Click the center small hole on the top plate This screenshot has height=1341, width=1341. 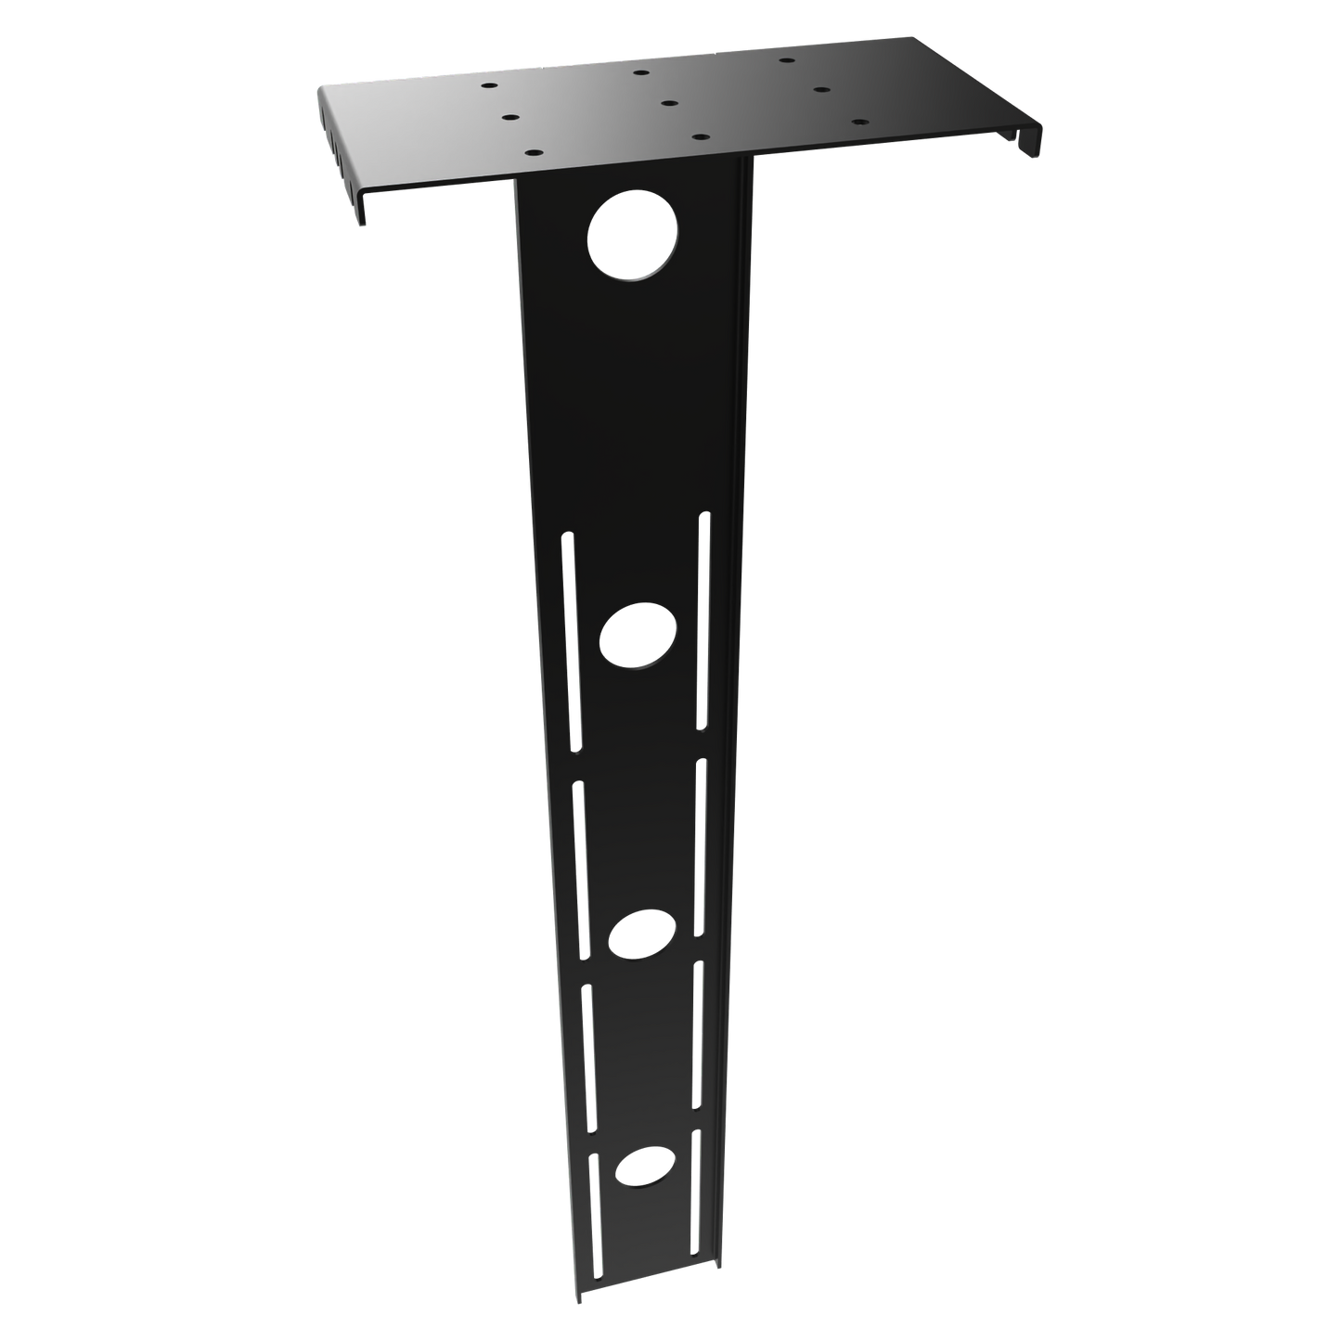670,103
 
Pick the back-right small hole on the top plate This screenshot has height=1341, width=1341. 786,61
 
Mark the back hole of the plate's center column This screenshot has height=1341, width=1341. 640,71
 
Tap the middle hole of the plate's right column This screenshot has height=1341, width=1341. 820,90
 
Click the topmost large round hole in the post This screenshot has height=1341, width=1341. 634,238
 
